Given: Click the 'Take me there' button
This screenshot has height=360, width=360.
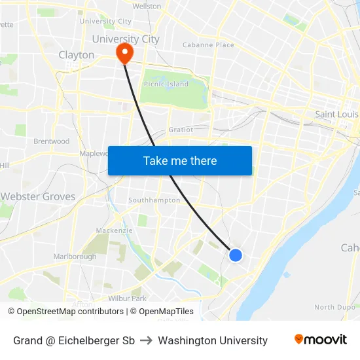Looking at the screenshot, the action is click(180, 161).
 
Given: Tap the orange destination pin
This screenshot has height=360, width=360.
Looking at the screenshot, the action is click(123, 52).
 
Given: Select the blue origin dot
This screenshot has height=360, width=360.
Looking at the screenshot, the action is click(236, 255).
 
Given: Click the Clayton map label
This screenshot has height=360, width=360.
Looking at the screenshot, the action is click(77, 55).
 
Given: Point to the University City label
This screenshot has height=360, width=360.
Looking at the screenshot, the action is click(126, 39).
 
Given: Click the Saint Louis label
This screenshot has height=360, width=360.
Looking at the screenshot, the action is click(336, 114).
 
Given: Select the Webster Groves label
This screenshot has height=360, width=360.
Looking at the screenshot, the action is click(38, 196).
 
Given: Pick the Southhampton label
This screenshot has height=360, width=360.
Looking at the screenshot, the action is click(154, 200).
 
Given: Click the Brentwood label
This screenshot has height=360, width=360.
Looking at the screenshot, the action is click(52, 141).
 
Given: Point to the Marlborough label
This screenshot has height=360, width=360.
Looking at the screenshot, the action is click(75, 257).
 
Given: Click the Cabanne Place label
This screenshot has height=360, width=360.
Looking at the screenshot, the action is click(207, 45).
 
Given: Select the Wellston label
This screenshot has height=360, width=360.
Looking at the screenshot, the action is click(147, 6).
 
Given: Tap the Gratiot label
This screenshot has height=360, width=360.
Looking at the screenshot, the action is click(181, 130).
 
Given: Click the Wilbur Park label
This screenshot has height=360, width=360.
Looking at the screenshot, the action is click(127, 298).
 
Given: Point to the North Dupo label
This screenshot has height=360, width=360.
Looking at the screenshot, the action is click(334, 307).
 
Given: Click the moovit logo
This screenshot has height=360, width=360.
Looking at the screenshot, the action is click(321, 340).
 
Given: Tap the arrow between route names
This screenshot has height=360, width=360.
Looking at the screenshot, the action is click(147, 340).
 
